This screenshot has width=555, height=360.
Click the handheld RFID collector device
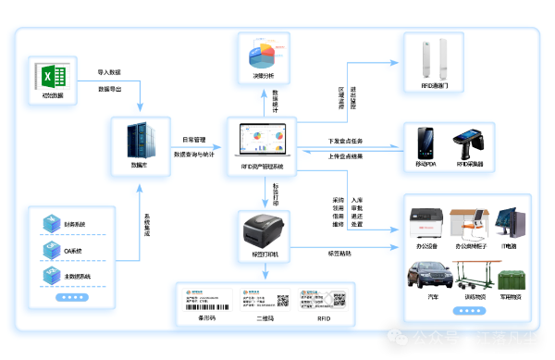(467, 143)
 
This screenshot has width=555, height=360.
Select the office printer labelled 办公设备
(427, 222)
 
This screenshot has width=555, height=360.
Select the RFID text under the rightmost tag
(324, 318)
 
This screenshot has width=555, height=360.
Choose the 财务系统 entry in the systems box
(74, 224)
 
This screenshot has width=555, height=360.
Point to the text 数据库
(139, 164)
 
